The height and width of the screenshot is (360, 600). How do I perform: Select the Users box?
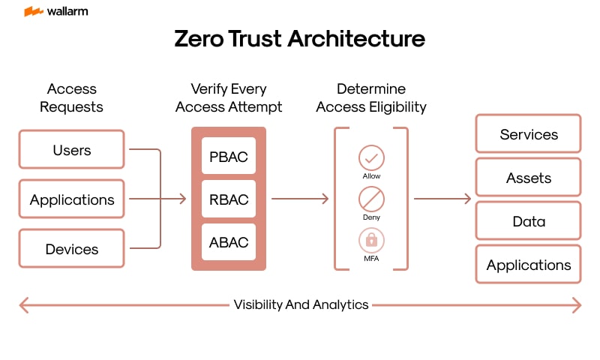(71, 150)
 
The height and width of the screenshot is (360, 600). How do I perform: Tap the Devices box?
(71, 249)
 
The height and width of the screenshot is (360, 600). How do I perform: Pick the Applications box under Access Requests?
(71, 199)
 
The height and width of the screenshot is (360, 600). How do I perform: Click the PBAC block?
(229, 157)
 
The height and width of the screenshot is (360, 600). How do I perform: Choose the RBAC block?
(229, 200)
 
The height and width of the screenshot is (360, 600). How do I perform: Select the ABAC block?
(229, 243)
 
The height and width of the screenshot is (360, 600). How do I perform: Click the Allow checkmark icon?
(371, 158)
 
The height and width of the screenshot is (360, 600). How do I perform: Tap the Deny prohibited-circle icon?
(371, 199)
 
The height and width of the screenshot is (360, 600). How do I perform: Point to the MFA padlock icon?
(371, 241)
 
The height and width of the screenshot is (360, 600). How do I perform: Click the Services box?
(529, 135)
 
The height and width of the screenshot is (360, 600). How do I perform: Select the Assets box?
(529, 178)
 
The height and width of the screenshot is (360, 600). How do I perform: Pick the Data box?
(529, 222)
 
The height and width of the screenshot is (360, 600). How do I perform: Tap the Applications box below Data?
(529, 265)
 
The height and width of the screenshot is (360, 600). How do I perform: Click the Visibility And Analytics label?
(301, 304)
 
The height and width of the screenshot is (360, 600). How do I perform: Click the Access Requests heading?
(71, 97)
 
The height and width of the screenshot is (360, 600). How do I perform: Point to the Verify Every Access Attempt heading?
(229, 97)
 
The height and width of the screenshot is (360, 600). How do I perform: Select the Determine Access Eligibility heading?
(371, 97)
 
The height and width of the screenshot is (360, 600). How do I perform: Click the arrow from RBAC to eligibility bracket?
(300, 199)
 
